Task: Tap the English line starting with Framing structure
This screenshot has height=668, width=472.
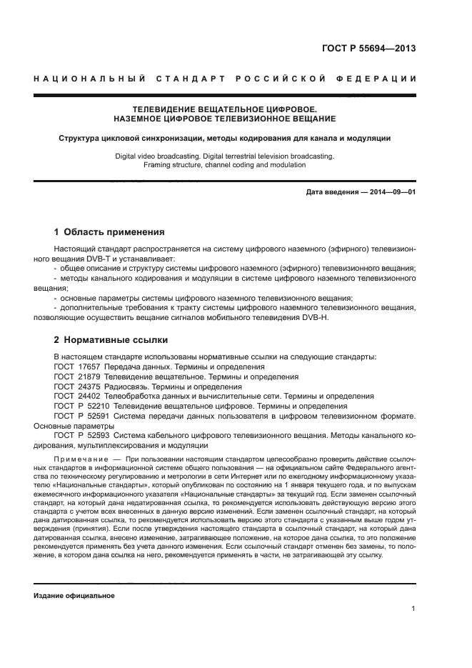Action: pos(224,164)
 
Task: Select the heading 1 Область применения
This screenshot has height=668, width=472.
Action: pos(109,232)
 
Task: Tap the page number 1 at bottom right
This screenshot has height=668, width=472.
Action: pos(413,609)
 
